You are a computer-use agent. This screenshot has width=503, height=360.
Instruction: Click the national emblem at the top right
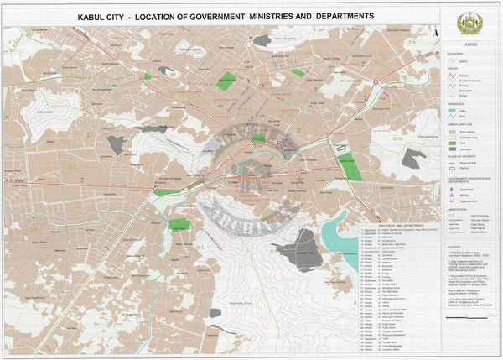[470, 23]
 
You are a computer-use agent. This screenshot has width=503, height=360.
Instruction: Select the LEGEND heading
[470, 43]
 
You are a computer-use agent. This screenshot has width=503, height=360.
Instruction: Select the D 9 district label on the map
[412, 41]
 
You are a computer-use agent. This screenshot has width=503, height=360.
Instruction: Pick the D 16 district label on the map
[399, 138]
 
